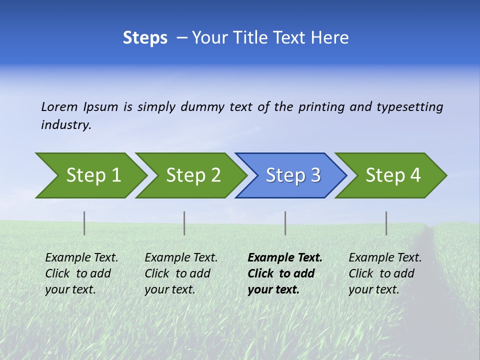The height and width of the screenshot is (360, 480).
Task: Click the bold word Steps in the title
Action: click(145, 38)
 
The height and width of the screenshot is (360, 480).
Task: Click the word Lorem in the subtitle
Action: click(59, 106)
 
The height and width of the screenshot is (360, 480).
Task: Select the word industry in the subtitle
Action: click(65, 125)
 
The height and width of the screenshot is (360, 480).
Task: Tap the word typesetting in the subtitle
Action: click(409, 107)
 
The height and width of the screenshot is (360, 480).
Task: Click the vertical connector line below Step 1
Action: click(84, 223)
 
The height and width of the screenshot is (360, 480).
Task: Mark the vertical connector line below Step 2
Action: click(184, 223)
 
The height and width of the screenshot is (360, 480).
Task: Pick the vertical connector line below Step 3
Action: click(285, 223)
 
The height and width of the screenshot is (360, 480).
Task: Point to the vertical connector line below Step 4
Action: click(386, 223)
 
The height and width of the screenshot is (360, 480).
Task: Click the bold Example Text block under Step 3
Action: click(284, 273)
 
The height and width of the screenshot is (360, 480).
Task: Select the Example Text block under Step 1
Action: click(81, 273)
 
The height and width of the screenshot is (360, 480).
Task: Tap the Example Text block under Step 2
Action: click(181, 273)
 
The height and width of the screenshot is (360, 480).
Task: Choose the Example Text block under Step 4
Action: click(384, 273)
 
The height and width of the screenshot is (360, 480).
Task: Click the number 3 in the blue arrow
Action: click(315, 175)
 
